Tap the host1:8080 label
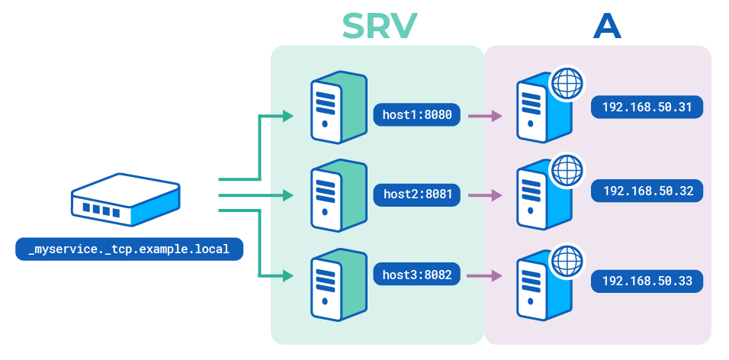[x=417, y=116]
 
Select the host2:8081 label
[x=417, y=194]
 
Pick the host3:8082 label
[x=417, y=275]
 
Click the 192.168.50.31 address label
[x=647, y=108]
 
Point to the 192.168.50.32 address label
[x=647, y=191]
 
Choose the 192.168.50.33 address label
[x=647, y=281]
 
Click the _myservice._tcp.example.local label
[x=129, y=249]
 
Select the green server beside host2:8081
[x=336, y=197]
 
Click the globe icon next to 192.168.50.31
[x=567, y=84]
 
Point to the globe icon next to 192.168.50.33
[x=567, y=260]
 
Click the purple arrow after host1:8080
[x=485, y=117]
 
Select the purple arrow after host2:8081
[x=485, y=195]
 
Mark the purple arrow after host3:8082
[x=485, y=275]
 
